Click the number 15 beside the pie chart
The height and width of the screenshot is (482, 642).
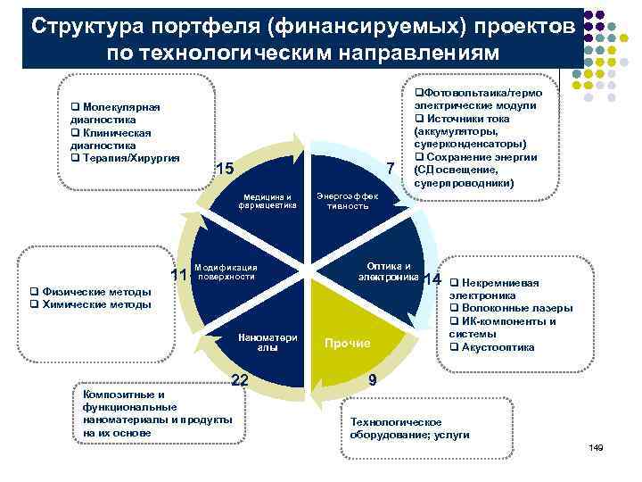225,170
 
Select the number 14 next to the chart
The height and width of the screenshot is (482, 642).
434,279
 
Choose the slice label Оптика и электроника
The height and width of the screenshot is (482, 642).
389,271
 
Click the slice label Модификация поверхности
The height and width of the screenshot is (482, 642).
226,272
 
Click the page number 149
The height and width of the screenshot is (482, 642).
597,446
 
